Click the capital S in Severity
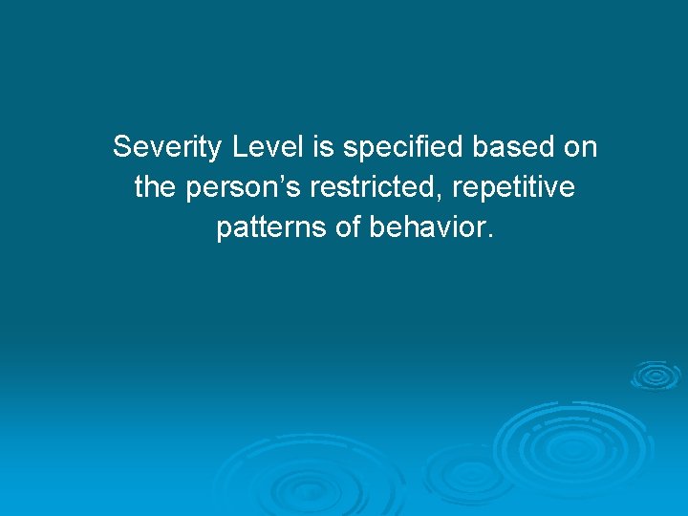point(121,148)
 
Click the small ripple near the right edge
point(655,375)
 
